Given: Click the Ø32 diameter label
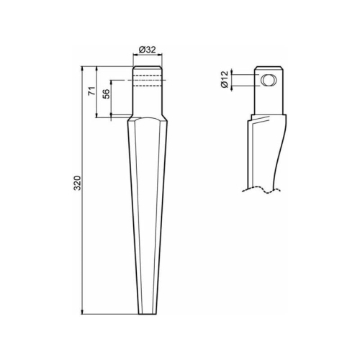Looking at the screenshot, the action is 148,50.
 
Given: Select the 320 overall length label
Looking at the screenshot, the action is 77,183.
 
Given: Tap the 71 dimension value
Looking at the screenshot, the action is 92,91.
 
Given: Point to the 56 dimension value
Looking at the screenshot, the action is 107,94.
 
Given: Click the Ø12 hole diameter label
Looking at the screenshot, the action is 225,79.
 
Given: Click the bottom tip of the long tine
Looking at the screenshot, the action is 148,314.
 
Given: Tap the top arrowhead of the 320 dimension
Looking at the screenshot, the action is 83,68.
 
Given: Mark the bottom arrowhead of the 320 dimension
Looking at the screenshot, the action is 83,312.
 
